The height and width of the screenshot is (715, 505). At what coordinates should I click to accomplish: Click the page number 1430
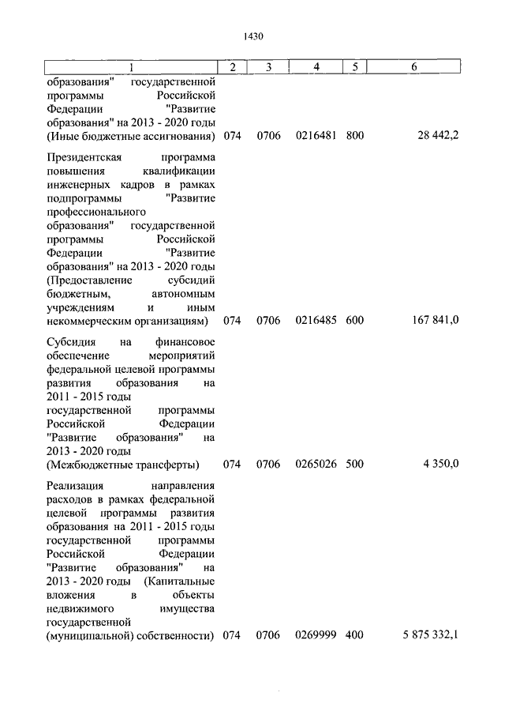253,36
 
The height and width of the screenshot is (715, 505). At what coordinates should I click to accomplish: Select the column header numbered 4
316,67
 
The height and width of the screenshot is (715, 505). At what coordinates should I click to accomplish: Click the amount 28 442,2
438,135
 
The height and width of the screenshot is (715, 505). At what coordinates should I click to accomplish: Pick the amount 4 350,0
440,464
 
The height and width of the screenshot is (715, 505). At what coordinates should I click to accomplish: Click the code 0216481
316,135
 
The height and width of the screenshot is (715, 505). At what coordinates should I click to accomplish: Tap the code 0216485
316,321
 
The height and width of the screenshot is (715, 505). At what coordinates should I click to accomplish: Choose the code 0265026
316,464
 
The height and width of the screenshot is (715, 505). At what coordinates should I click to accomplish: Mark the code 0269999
316,635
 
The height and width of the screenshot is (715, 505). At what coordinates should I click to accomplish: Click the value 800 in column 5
355,135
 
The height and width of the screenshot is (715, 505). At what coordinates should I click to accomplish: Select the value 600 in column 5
355,321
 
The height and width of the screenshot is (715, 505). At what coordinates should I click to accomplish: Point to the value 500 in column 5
355,464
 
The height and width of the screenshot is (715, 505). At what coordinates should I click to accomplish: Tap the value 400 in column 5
355,635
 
